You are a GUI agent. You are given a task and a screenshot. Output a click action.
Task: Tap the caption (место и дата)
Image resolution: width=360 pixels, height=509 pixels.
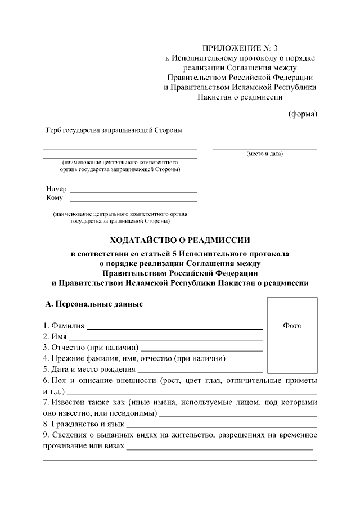pos(264,154)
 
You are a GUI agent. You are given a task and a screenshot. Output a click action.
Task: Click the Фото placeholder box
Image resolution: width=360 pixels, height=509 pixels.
pos(292,335)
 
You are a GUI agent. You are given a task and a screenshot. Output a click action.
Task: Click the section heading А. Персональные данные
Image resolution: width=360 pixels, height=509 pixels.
pos(94,304)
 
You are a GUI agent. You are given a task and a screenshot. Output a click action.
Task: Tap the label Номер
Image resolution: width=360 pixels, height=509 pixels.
pos(56,189)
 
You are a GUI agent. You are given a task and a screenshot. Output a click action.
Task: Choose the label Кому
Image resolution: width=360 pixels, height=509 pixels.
pos(55,198)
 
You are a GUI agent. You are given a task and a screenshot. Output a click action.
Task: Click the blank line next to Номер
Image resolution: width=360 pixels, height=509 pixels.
pos(133,192)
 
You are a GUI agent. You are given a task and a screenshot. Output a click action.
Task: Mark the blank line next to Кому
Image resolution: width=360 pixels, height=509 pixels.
pos(133,201)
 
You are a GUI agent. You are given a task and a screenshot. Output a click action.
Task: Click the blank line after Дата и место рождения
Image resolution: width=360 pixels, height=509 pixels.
pos(200,372)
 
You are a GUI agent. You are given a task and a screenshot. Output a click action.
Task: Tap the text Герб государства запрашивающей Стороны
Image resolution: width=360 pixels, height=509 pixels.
pos(114,130)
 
